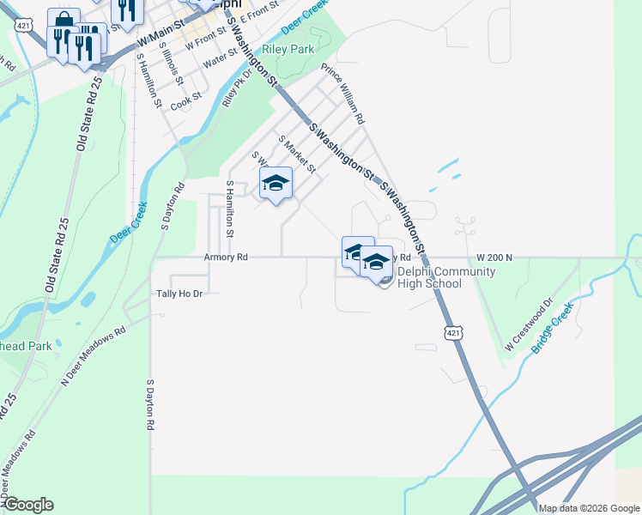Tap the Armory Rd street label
point(226,257)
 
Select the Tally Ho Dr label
point(179,294)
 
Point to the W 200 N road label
point(494,257)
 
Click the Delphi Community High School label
point(445,278)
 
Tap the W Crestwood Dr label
point(526,325)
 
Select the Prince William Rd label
point(342,92)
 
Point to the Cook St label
point(185,103)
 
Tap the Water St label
point(220,58)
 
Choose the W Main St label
point(154,39)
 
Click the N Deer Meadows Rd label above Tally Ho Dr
point(93,355)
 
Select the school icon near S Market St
point(276,183)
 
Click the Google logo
point(27,505)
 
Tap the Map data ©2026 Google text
point(588,508)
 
